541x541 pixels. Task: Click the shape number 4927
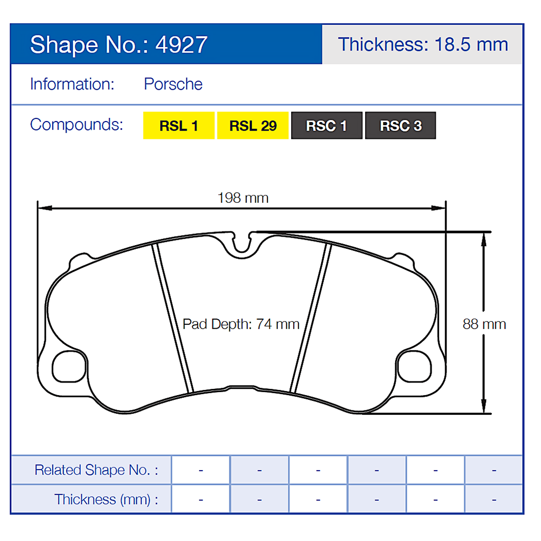click(181, 45)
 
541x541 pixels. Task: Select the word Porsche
click(173, 84)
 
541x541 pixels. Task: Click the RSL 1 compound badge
click(179, 126)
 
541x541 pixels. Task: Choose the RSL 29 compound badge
click(253, 126)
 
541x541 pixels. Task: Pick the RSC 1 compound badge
click(327, 126)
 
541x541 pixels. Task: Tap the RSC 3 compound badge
click(400, 126)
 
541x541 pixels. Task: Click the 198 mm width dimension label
click(243, 198)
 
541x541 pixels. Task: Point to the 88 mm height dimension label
click(484, 324)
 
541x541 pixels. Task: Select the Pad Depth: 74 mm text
click(241, 324)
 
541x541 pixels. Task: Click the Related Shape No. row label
click(96, 470)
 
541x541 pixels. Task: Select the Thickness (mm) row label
click(106, 499)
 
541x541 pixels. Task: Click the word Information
click(72, 84)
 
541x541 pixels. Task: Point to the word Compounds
click(77, 125)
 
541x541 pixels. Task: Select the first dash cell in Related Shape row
click(201, 470)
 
